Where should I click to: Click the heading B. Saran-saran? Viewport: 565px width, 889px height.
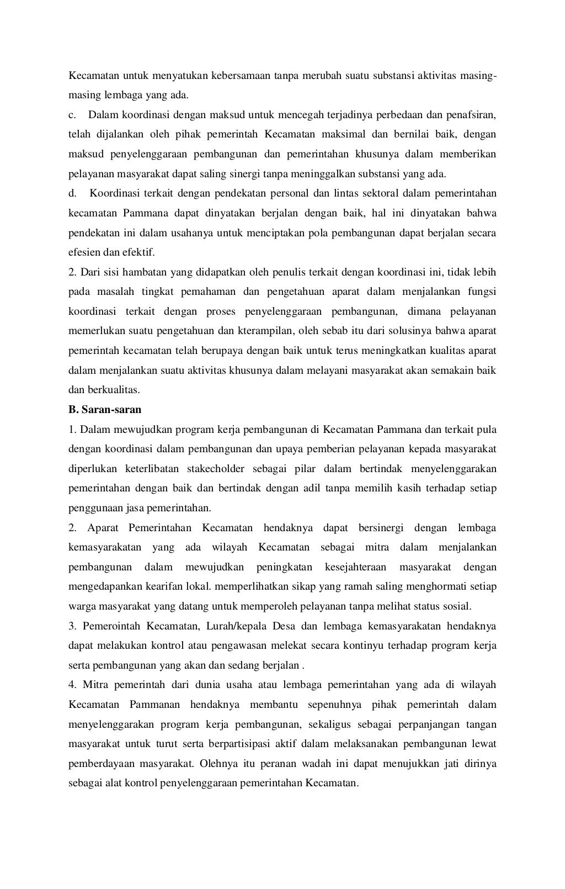[105, 410]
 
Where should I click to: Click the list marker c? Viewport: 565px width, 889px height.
[72, 115]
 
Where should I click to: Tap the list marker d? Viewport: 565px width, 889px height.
[72, 193]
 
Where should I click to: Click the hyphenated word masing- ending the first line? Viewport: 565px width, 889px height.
[481, 75]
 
